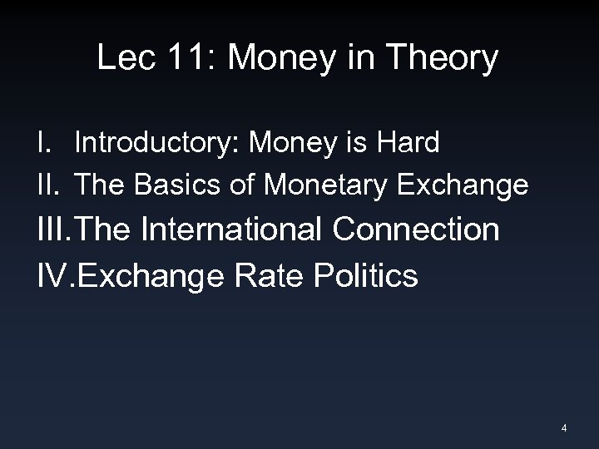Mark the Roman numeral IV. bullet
pos(57,275)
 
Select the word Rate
pos(276,275)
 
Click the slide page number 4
pos(564,428)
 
